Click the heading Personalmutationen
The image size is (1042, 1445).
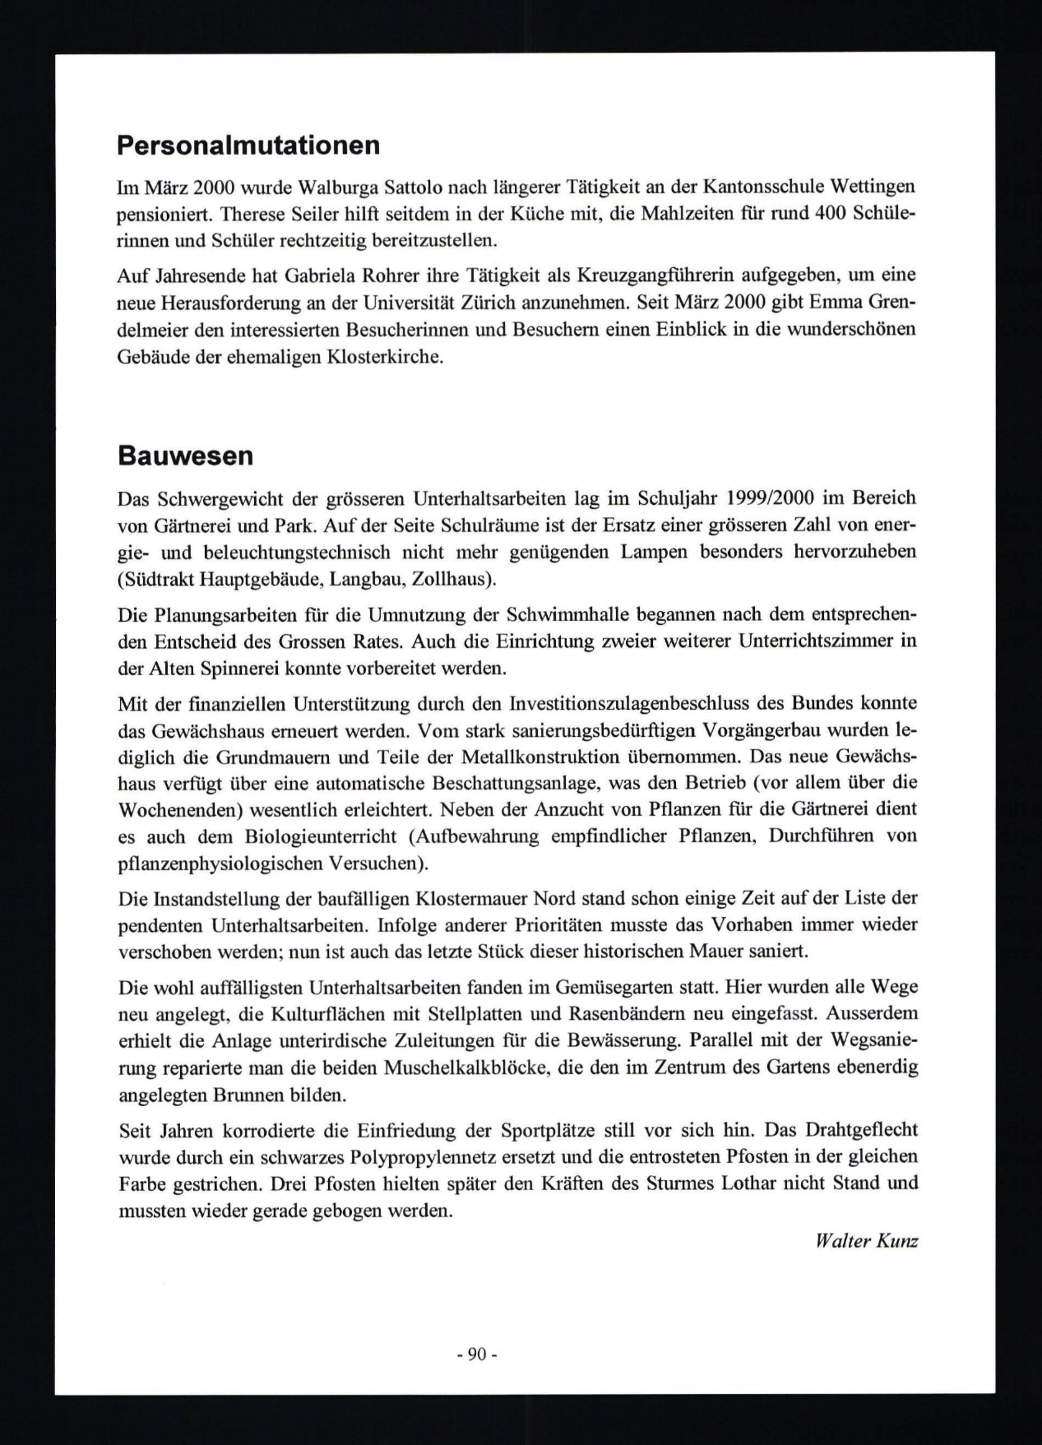click(x=249, y=146)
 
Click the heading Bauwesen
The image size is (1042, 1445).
click(x=185, y=456)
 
